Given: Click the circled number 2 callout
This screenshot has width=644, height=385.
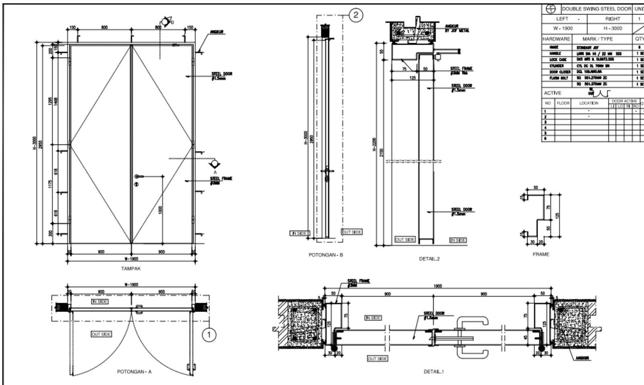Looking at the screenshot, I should tap(355, 15).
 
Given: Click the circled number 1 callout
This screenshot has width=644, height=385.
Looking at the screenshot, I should tap(208, 334).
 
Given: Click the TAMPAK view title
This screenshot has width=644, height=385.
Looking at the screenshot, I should tap(131, 268).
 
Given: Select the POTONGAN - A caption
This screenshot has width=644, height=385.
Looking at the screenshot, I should tap(134, 372).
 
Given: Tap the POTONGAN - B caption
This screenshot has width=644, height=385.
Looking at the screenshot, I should tap(326, 255).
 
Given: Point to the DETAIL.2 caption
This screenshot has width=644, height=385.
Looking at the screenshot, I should tap(429, 259).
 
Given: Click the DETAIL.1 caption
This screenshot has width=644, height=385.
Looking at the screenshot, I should tap(433, 372).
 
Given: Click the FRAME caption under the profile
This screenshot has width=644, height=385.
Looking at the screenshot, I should tap(541, 254).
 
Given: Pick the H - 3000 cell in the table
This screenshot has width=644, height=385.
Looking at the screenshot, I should tap(613, 28).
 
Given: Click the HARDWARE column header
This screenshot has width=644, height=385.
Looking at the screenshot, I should tap(556, 39).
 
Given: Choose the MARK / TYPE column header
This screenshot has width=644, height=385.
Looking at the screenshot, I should tap(597, 39).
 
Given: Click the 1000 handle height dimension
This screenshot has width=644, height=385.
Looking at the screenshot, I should tap(160, 210).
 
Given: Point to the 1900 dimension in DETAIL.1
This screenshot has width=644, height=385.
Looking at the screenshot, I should tap(438, 286).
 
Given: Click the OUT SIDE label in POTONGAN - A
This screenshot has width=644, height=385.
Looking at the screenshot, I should tap(101, 334).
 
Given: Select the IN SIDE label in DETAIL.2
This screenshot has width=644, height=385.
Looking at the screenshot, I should tap(458, 240).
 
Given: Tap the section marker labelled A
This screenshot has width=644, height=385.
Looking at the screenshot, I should tap(215, 164).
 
